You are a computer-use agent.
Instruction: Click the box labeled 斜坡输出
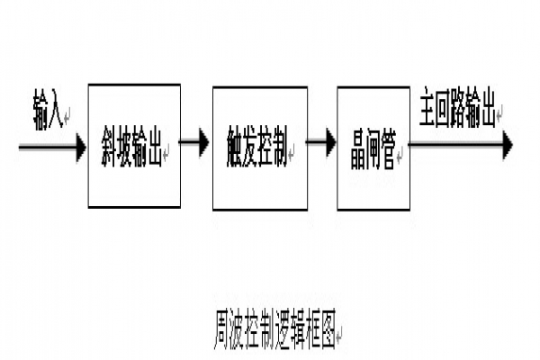tap(134, 144)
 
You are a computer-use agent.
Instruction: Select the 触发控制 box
tap(256, 144)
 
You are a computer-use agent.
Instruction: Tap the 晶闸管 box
tap(372, 144)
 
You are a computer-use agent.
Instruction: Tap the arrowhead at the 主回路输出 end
tap(507, 144)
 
